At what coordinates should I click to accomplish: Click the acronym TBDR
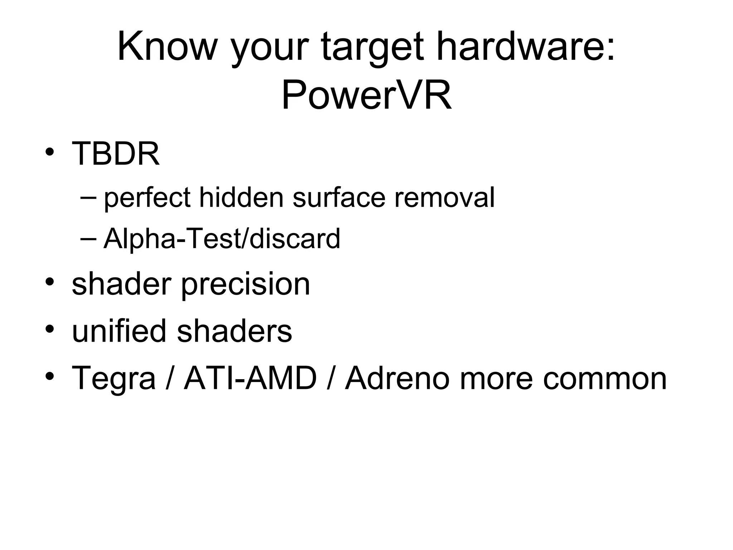[116, 154]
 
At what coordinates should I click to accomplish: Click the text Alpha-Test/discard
[222, 238]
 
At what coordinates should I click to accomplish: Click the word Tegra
[114, 379]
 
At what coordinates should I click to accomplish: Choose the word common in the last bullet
[605, 378]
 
